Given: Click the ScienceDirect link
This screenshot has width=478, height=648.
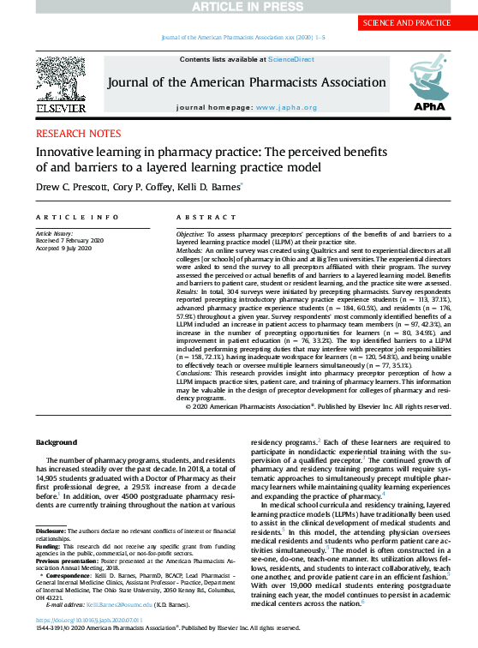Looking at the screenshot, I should tap(291, 58).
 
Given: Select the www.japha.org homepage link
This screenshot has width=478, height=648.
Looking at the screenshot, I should tap(286, 107).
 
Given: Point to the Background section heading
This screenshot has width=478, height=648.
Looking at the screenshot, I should tap(56, 442).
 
